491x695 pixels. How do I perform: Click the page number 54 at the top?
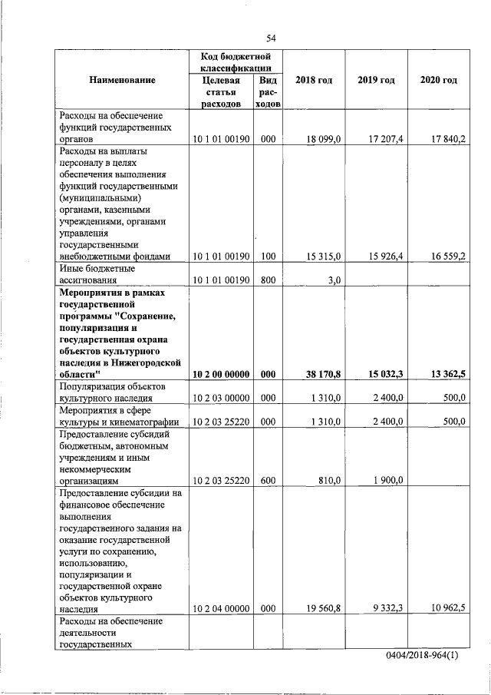pos(271,39)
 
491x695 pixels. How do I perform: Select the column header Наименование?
pos(122,81)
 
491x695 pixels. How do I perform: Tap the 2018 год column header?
pos(314,81)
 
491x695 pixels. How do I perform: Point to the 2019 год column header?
pos(376,81)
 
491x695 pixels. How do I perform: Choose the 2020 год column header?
pos(439,81)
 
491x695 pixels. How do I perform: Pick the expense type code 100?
pos(268,256)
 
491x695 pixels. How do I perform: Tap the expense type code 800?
pos(268,280)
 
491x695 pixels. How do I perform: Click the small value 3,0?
pos(334,280)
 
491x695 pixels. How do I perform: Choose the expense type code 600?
pos(268,480)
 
